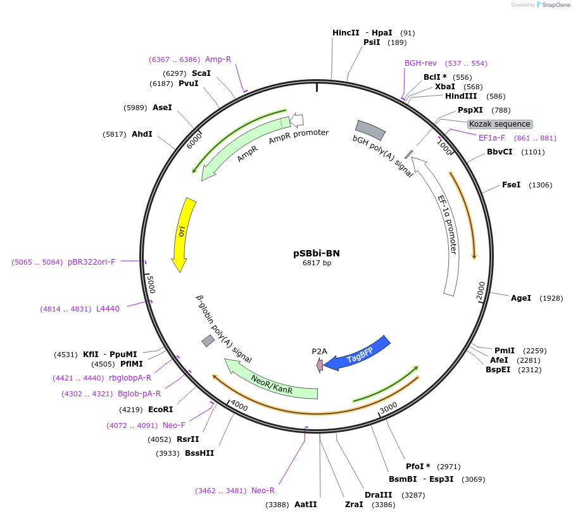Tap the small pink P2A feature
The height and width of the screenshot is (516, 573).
pyautogui.click(x=320, y=365)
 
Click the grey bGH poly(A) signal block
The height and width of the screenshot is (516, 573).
pyautogui.click(x=370, y=130)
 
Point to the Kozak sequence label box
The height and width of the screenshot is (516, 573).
pyautogui.click(x=500, y=124)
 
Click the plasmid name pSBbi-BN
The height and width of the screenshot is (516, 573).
pyautogui.click(x=317, y=253)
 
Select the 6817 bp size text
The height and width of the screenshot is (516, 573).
pyautogui.click(x=317, y=263)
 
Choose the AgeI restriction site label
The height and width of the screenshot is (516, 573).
pyautogui.click(x=521, y=298)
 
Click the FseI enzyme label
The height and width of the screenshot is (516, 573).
pyautogui.click(x=511, y=185)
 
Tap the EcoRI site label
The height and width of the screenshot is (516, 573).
pyautogui.click(x=160, y=409)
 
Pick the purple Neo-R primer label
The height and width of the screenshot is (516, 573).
pyautogui.click(x=263, y=490)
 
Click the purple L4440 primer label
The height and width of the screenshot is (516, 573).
pyautogui.click(x=108, y=309)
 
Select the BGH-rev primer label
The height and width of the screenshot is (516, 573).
pyautogui.click(x=420, y=63)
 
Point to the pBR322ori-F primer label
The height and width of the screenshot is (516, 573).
pyautogui.click(x=91, y=261)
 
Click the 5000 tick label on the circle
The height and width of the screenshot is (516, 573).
pyautogui.click(x=150, y=285)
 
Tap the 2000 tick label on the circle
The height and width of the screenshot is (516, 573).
pyautogui.click(x=481, y=291)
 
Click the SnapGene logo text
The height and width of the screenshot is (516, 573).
pyautogui.click(x=555, y=5)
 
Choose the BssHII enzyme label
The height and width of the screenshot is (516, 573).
pyautogui.click(x=199, y=453)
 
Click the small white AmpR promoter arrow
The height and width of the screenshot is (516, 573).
pyautogui.click(x=297, y=120)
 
